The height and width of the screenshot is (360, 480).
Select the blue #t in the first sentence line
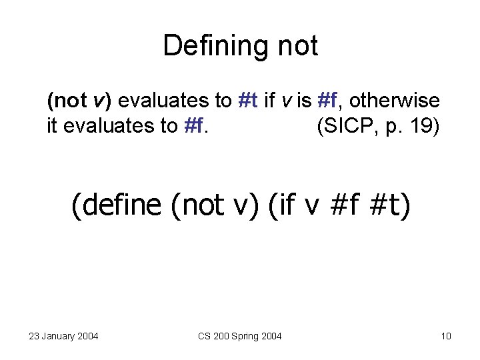pos(248,101)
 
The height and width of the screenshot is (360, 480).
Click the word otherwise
pos(394,101)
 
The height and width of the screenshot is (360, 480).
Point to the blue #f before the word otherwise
pos(327,101)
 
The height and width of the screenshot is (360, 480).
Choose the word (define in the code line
pos(117,205)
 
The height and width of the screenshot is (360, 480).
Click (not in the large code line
pos(195,205)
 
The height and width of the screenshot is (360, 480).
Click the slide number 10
pos(446,335)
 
